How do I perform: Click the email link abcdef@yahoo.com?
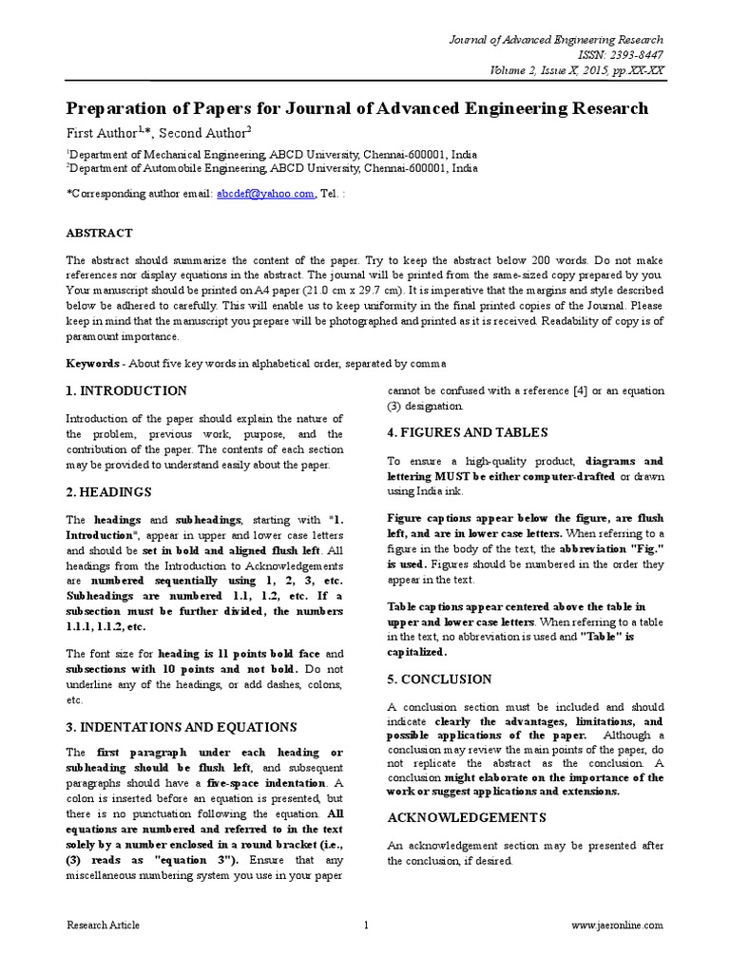click(x=265, y=193)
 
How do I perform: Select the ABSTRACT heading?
click(x=99, y=232)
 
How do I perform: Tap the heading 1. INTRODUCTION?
click(x=126, y=391)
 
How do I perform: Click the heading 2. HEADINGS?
click(x=109, y=492)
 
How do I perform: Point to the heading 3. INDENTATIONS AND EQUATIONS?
click(x=182, y=727)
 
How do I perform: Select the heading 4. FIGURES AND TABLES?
click(x=468, y=432)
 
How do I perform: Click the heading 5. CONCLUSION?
click(x=439, y=679)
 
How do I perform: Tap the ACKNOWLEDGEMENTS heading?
click(x=467, y=817)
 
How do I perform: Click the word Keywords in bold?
click(x=93, y=364)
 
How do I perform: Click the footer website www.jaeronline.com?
click(x=618, y=925)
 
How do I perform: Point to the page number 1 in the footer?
click(x=365, y=925)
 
